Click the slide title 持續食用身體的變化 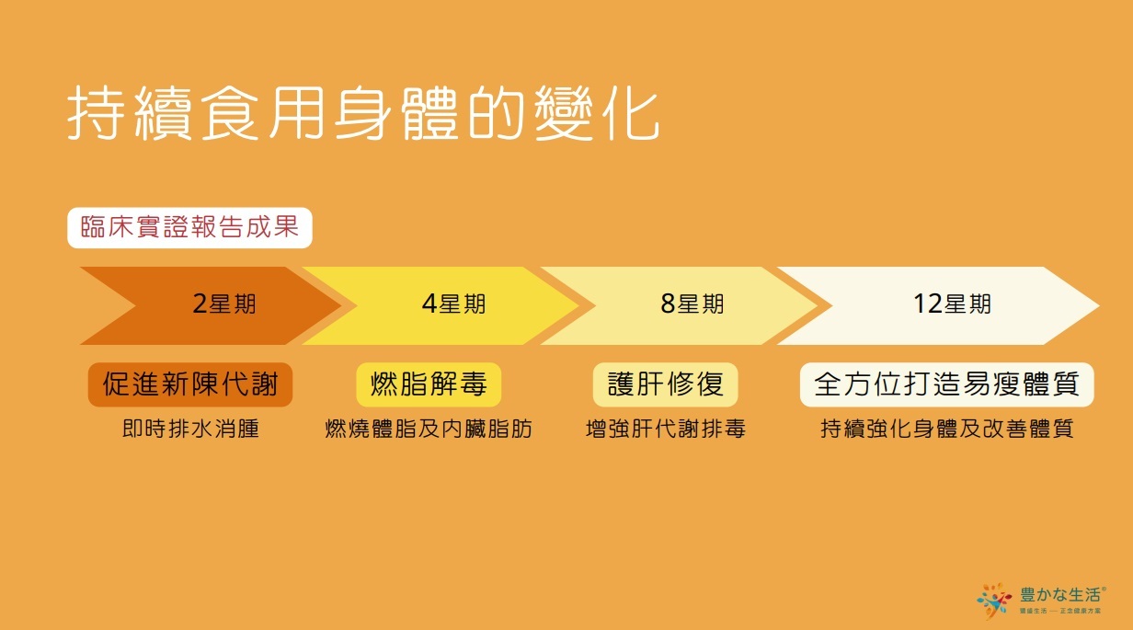(363, 114)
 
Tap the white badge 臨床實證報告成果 (189, 227)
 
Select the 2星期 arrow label (224, 304)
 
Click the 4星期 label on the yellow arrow (453, 304)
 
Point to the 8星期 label (692, 304)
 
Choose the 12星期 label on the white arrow (952, 304)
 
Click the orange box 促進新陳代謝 (189, 384)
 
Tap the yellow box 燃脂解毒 (429, 384)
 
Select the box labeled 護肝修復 (665, 384)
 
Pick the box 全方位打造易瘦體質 (946, 384)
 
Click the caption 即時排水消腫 (190, 429)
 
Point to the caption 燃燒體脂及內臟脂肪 (429, 429)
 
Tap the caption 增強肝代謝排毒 (665, 429)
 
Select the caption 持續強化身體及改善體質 (946, 429)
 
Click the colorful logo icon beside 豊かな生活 (994, 601)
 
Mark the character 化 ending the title (631, 114)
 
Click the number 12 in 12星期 (926, 304)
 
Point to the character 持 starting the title (96, 114)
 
